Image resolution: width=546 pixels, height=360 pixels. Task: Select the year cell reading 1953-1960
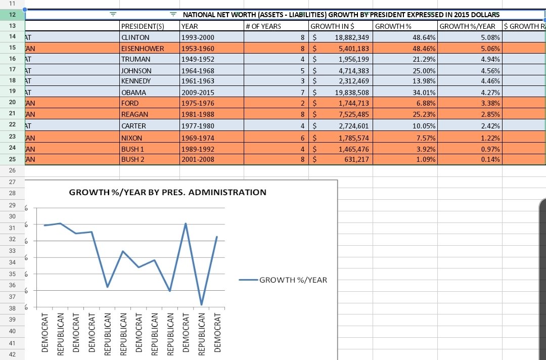click(198, 49)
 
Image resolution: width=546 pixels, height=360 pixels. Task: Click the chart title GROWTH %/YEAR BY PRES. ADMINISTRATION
click(167, 192)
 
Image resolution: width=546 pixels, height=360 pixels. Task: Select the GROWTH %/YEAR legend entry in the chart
click(293, 280)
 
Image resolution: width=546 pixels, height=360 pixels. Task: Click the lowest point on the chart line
click(201, 305)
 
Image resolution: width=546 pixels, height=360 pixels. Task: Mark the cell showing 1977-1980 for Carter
click(198, 126)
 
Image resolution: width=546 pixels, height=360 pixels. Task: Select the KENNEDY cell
click(136, 81)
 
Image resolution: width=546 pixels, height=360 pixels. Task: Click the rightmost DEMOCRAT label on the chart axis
click(217, 332)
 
